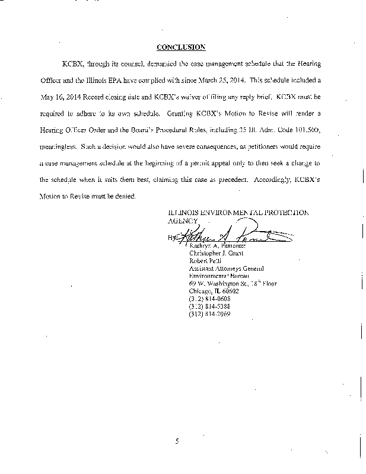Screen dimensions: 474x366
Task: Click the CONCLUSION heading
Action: click(x=181, y=46)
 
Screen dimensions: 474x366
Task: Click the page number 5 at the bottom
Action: click(x=177, y=440)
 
